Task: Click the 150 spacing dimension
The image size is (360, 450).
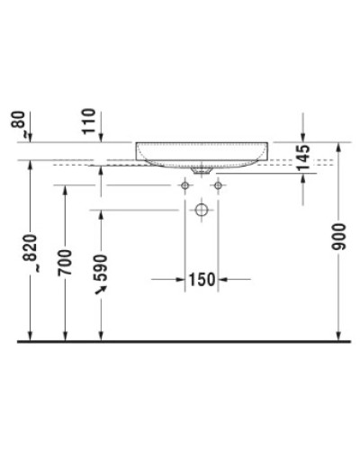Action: coord(201,280)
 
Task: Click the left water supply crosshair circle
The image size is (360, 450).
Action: coord(185,184)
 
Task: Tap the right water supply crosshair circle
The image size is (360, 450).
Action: coord(218,184)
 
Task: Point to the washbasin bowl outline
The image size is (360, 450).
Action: coord(202,152)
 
